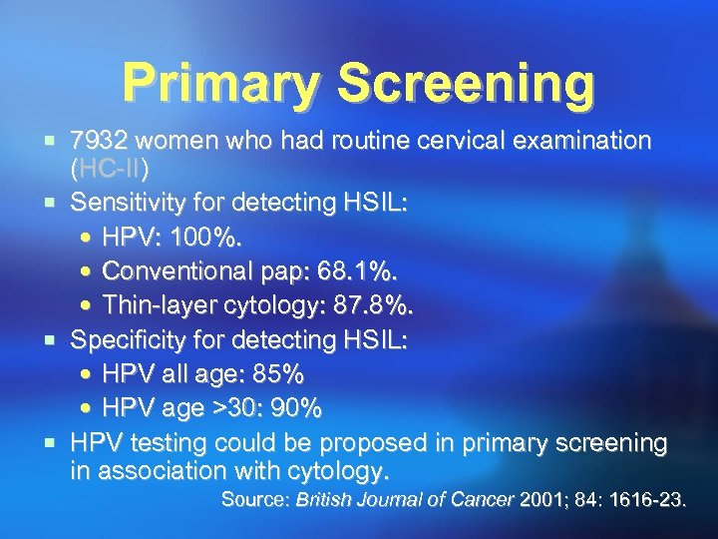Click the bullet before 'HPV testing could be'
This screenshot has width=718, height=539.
coord(57,442)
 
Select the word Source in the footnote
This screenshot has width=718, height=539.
coord(252,499)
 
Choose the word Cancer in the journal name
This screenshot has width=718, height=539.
coord(486,499)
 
